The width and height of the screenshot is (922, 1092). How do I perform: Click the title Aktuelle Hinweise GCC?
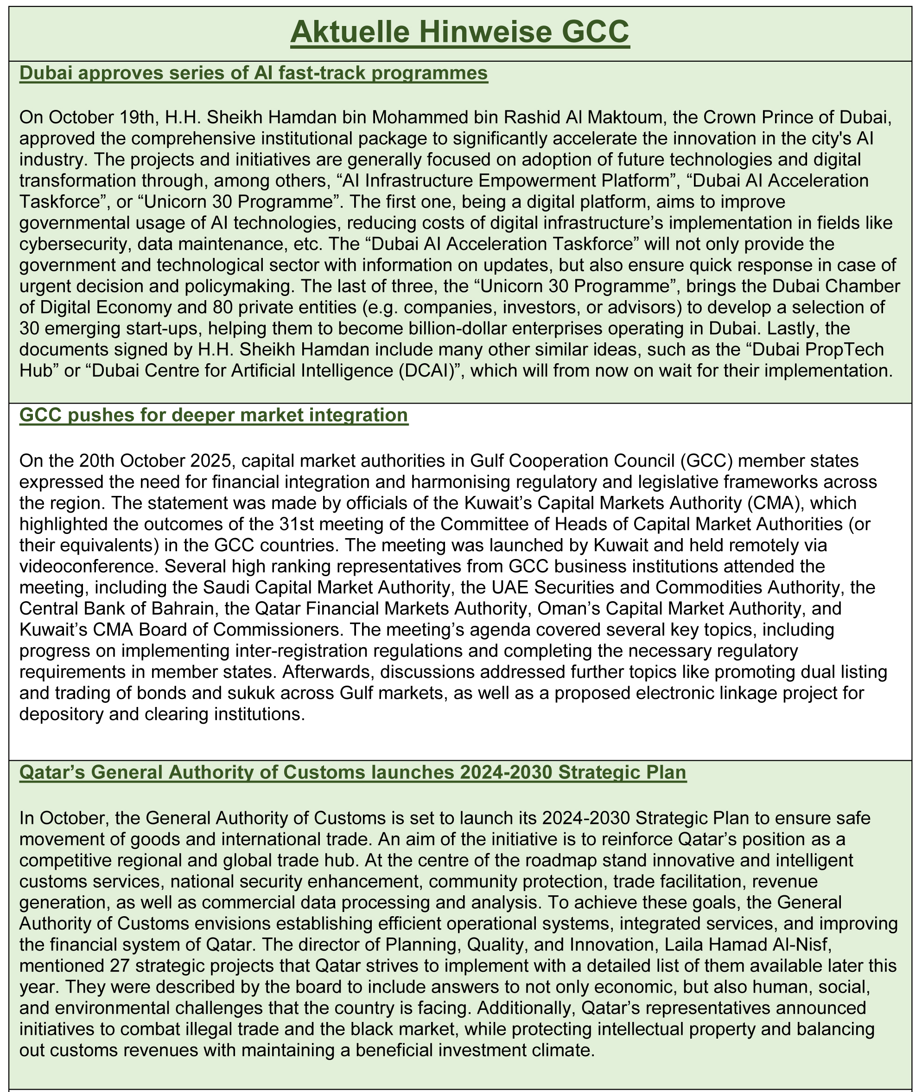coord(460,33)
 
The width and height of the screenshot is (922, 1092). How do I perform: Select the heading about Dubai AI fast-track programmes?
coord(254,74)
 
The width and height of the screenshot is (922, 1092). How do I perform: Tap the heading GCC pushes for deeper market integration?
coord(214,415)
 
